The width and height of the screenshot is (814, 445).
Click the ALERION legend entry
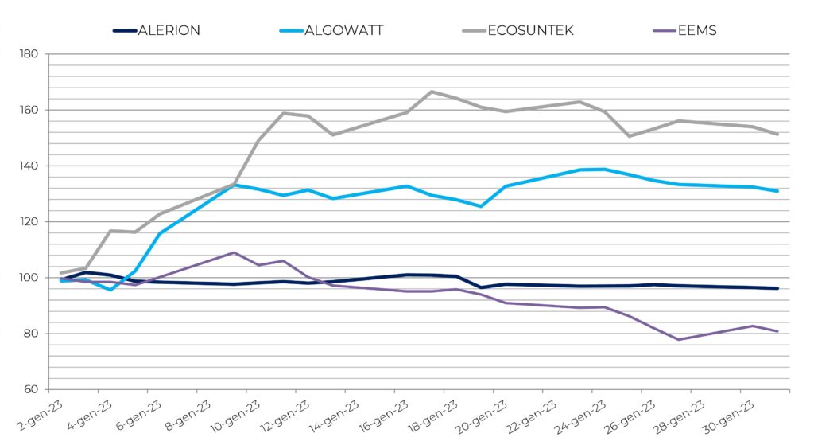tap(169, 31)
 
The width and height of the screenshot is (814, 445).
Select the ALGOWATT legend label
tap(344, 31)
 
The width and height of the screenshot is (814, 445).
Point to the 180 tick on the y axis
tap(29, 54)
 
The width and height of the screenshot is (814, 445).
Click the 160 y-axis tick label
tap(29, 110)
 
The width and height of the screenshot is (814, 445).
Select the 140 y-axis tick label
tap(29, 166)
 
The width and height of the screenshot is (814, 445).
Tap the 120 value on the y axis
tap(29, 222)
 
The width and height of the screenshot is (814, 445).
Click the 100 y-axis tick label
tap(29, 278)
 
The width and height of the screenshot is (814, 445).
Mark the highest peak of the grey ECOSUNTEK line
tap(432, 92)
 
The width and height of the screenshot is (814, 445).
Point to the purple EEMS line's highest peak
tap(234, 252)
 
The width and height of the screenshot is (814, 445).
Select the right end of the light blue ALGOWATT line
tap(777, 191)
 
